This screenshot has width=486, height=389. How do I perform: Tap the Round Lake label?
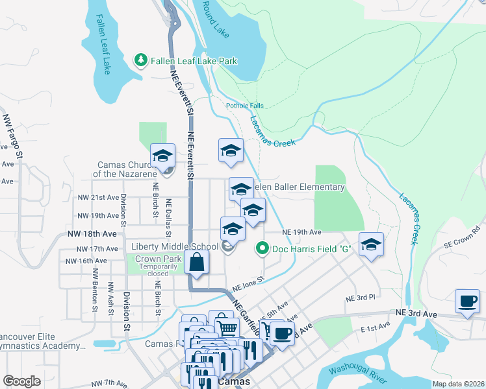point(215,19)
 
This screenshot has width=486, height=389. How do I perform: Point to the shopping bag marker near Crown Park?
point(196,263)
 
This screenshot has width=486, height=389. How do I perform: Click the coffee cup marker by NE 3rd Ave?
point(467,301)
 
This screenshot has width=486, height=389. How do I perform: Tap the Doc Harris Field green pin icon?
point(262,248)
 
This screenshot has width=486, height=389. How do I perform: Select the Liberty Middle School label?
point(175,246)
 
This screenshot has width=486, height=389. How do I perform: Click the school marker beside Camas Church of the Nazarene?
point(162,156)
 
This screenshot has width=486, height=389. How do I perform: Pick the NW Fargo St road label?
point(13,137)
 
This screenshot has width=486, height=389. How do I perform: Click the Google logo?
point(21,381)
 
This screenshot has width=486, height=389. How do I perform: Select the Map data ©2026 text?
point(458,384)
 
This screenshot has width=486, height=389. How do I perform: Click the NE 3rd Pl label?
point(361,298)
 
